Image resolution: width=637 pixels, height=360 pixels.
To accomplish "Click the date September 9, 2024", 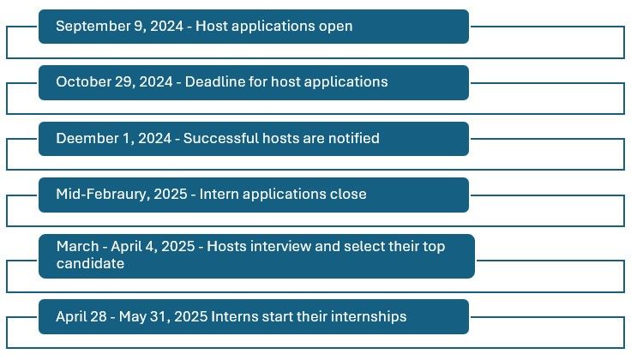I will click(119, 26).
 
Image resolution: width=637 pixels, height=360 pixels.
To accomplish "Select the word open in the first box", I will click(334, 26).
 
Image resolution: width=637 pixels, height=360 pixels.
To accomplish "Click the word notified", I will click(351, 138).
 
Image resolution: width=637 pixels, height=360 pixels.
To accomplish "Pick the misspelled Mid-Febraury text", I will click(100, 194).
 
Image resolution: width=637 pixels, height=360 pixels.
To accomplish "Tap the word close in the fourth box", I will click(347, 194).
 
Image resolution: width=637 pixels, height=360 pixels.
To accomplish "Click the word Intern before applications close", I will click(220, 194).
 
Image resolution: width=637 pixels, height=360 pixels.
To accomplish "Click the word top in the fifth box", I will click(457, 247).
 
